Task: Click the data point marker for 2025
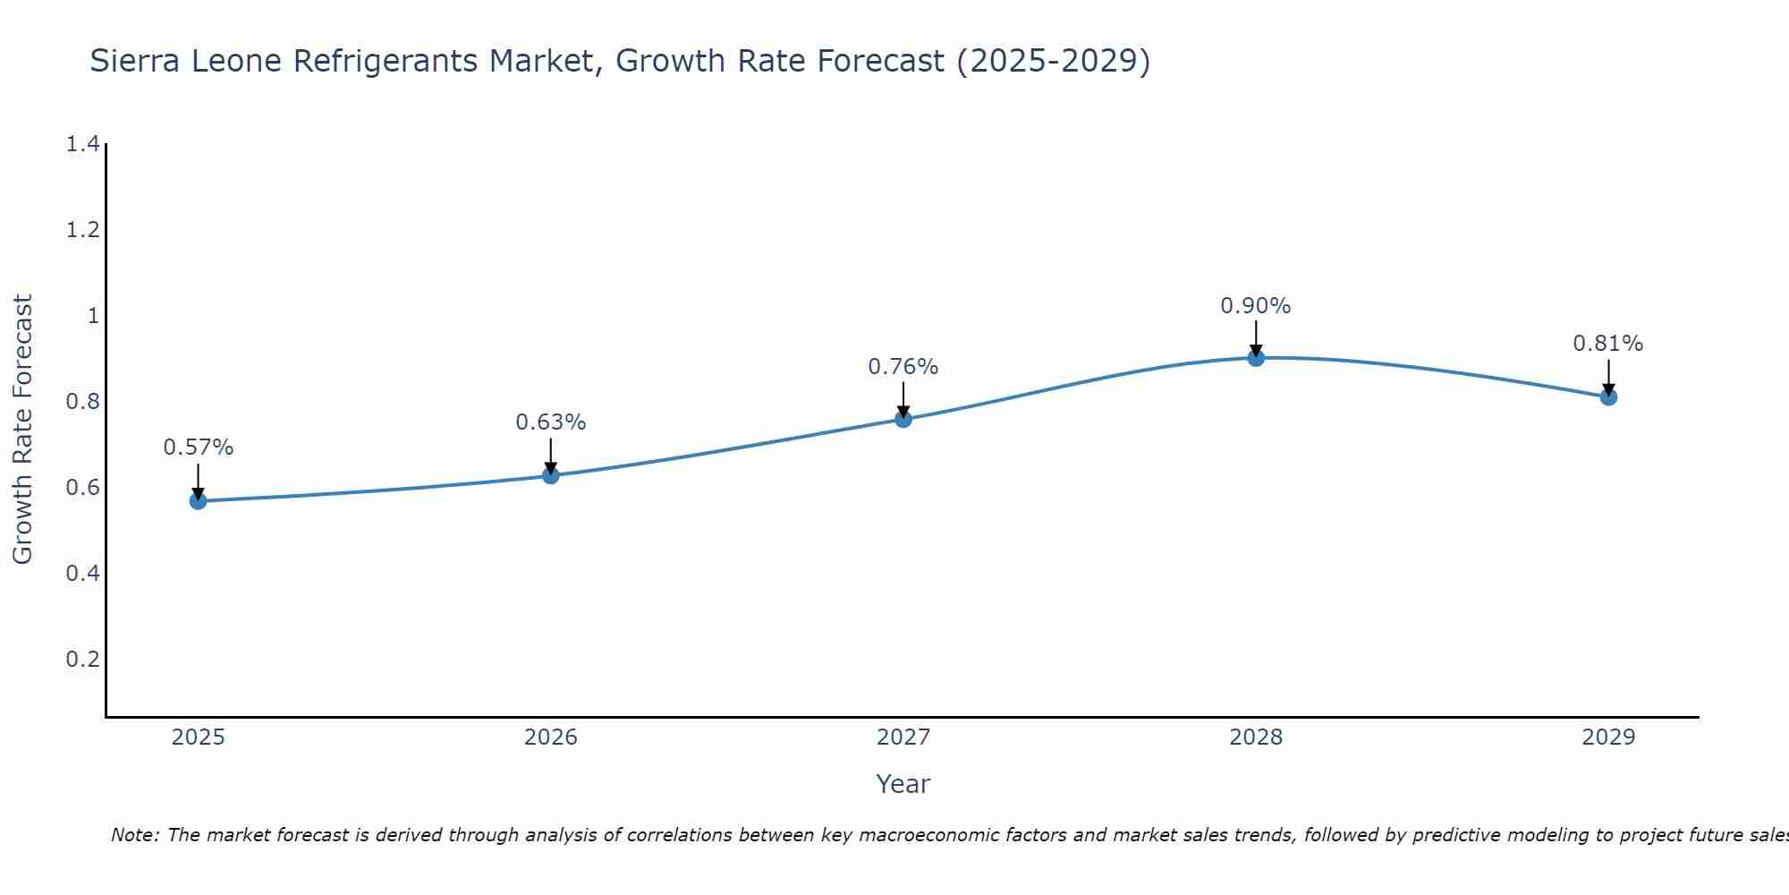point(198,501)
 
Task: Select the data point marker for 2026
point(551,475)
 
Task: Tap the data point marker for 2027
point(903,419)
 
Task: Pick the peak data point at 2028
point(1256,358)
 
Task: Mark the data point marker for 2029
point(1608,396)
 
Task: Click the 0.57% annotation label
point(198,447)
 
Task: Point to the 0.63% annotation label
point(551,422)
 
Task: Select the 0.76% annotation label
point(903,367)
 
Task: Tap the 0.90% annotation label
point(1256,306)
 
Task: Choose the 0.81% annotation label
point(1608,344)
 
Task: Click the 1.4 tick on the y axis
point(82,144)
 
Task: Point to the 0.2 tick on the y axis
point(82,660)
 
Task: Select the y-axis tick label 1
point(93,316)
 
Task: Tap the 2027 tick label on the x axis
point(903,737)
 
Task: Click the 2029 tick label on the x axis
point(1608,737)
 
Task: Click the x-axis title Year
point(903,784)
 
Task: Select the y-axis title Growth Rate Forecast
point(22,430)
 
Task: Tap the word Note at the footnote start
point(133,835)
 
